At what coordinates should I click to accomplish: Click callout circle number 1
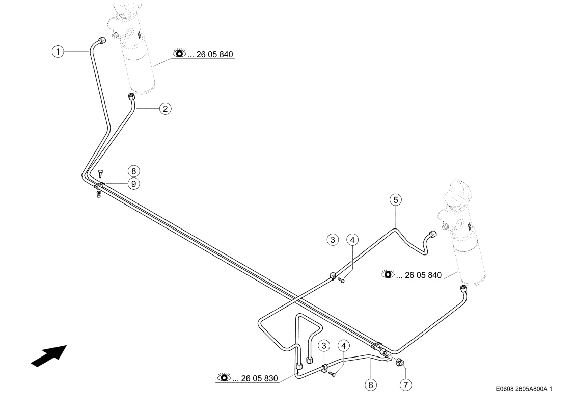click(58, 52)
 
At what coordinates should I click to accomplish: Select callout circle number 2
click(166, 109)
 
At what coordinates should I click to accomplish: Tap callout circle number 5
click(396, 200)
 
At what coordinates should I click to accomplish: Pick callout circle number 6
click(371, 385)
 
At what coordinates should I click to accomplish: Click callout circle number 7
click(405, 385)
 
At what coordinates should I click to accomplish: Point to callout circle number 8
click(134, 171)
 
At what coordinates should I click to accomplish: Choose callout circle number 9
click(134, 184)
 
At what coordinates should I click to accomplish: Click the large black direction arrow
click(49, 356)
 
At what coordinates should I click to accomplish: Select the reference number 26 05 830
click(259, 378)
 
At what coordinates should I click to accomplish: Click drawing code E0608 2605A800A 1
click(524, 389)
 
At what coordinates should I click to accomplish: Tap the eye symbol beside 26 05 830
click(224, 377)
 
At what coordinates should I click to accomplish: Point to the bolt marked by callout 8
click(101, 173)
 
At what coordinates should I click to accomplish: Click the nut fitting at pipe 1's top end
click(102, 40)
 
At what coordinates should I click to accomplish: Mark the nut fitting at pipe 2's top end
click(131, 97)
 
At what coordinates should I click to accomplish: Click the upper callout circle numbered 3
click(333, 240)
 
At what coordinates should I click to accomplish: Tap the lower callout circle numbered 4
click(344, 346)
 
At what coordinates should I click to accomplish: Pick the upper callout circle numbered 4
click(352, 240)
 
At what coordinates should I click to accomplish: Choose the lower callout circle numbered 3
click(324, 346)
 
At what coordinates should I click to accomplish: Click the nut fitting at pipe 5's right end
click(433, 234)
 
